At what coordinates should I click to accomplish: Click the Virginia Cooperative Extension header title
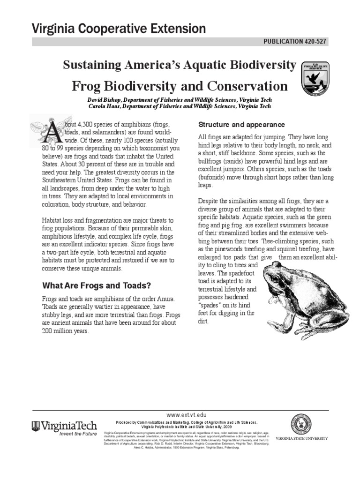[118, 29]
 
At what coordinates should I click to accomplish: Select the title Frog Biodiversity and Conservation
[179, 86]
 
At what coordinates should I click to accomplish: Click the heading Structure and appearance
[241, 125]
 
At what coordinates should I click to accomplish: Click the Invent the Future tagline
[77, 434]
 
